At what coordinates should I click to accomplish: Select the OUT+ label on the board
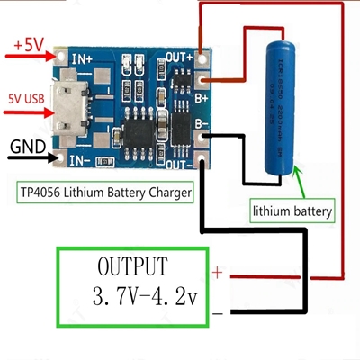click(180, 57)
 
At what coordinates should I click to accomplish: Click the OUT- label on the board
click(181, 165)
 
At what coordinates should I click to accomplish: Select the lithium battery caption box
click(292, 212)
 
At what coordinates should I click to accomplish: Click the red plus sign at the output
click(216, 271)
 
